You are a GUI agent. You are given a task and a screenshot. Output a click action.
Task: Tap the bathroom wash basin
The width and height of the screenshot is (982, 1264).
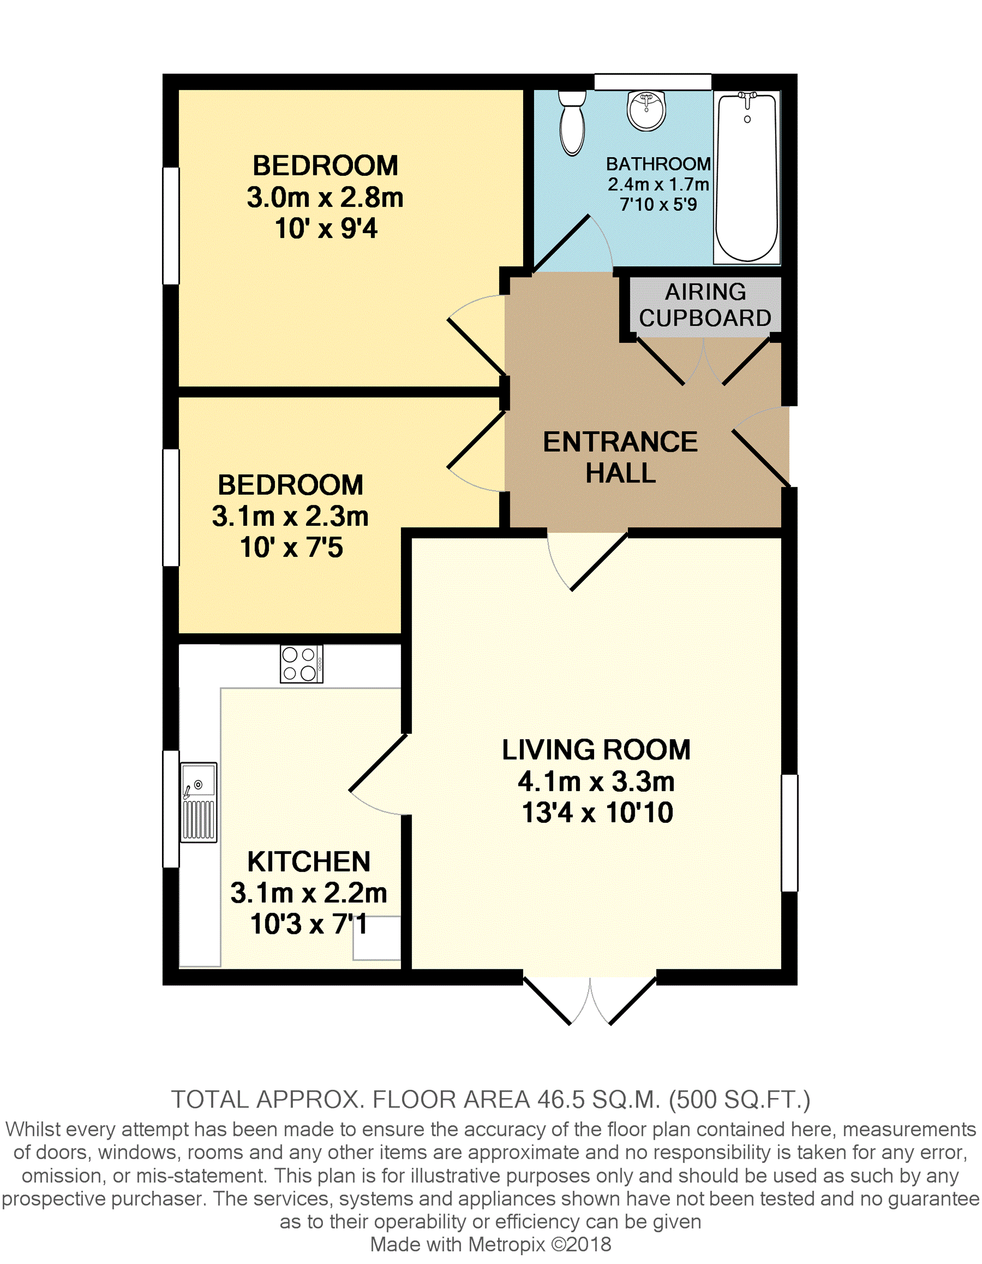646,111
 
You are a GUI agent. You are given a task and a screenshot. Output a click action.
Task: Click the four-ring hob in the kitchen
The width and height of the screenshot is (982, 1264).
301,664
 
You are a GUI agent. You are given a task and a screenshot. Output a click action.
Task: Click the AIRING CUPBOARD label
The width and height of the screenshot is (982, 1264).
705,305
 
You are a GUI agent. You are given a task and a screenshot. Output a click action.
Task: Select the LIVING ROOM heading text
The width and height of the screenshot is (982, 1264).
596,749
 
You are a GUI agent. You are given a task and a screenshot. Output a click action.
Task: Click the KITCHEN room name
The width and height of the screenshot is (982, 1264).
309,861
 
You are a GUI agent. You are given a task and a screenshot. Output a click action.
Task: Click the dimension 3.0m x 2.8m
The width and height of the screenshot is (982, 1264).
325,198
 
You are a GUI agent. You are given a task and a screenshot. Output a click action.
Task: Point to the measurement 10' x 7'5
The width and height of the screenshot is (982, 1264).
291,547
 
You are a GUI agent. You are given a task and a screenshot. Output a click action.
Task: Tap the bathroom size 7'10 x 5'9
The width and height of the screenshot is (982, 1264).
658,204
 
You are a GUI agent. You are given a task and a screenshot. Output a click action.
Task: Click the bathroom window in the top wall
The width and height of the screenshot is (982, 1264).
652,82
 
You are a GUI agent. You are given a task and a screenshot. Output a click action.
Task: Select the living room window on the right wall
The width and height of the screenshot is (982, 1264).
789,833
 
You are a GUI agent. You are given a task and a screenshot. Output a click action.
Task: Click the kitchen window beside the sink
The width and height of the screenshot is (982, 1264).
171,809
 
